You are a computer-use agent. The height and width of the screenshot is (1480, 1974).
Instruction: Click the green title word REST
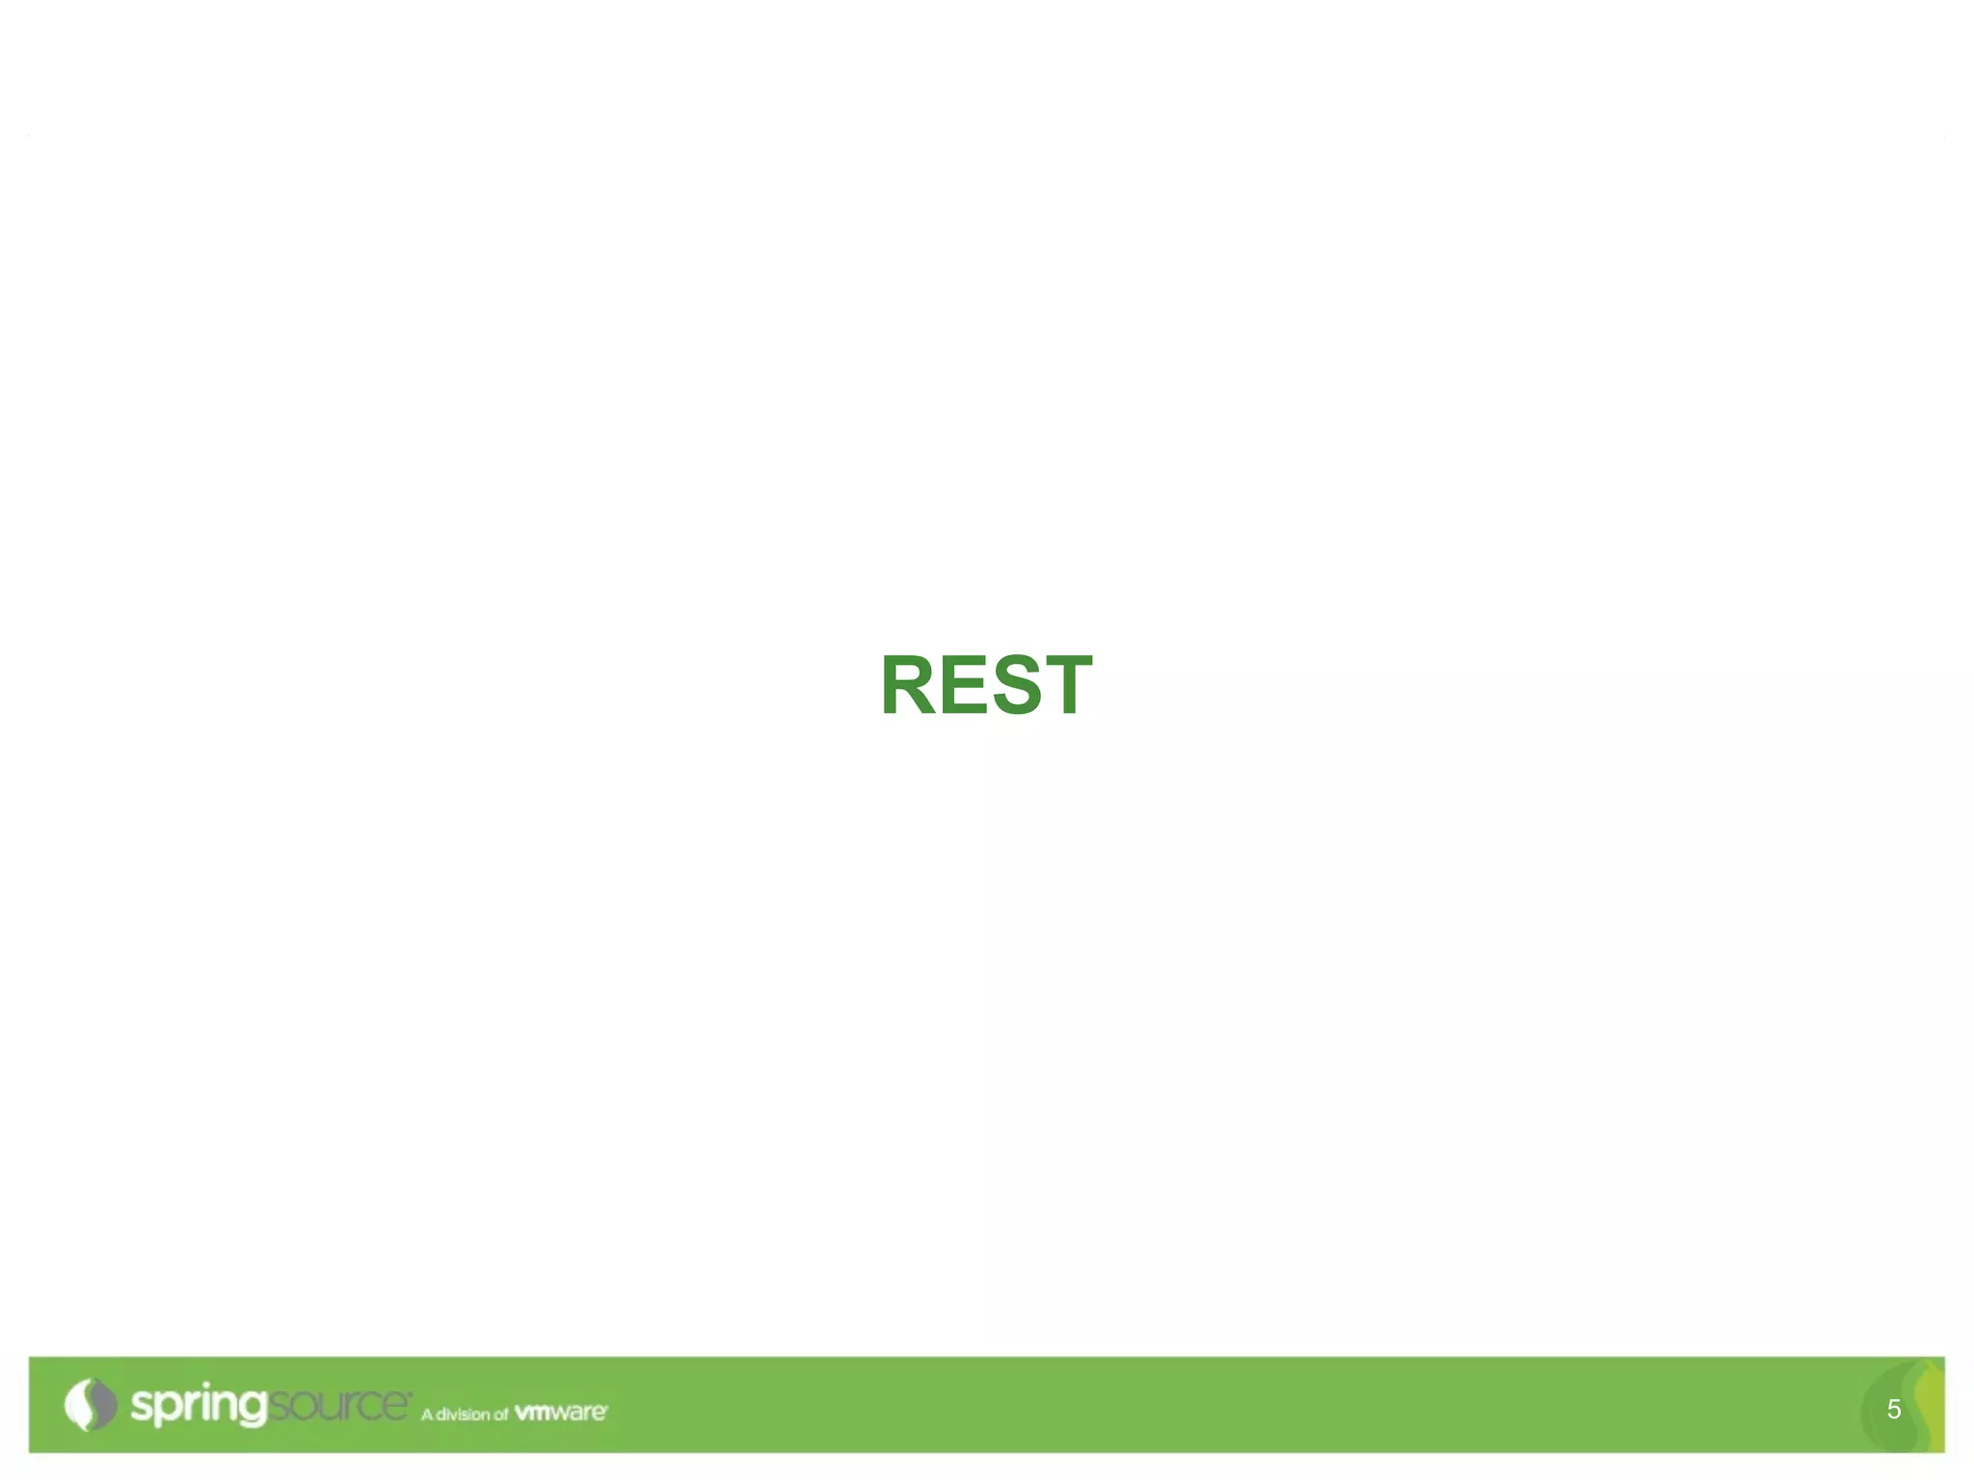[986, 685]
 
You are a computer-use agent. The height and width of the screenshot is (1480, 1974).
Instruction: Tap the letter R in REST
[908, 685]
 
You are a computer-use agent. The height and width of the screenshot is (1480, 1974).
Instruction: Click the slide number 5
[1893, 1410]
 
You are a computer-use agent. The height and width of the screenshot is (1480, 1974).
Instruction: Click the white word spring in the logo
[198, 1406]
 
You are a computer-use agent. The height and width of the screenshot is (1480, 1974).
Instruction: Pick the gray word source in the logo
[337, 1404]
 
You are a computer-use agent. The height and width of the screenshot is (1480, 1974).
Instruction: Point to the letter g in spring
[251, 1409]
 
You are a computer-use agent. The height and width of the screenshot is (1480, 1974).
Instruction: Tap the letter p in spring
[167, 1409]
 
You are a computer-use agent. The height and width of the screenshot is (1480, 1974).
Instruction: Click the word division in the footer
[463, 1414]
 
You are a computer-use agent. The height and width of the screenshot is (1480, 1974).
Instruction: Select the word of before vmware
[500, 1414]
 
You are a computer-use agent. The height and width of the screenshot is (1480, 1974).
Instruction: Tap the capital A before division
[427, 1414]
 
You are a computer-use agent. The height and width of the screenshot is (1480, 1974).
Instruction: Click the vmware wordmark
[561, 1413]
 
